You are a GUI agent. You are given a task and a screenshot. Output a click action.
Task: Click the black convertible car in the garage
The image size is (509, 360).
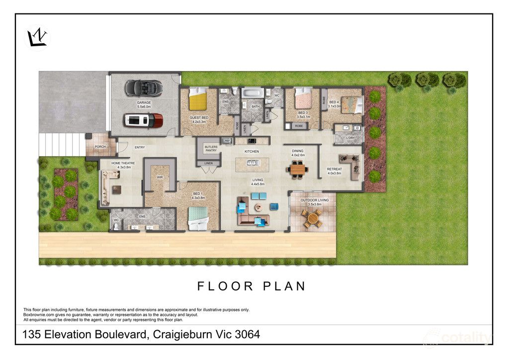click(143, 88)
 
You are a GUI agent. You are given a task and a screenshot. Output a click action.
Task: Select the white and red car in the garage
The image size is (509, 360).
click(143, 120)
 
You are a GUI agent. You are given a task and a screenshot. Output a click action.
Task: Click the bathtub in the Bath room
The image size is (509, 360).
click(253, 93)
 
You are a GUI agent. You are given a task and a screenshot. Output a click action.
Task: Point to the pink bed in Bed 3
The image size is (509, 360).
click(302, 99)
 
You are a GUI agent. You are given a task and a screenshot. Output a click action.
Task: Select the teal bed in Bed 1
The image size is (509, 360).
click(199, 218)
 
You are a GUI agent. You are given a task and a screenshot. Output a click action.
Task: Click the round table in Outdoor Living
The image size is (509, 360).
click(313, 217)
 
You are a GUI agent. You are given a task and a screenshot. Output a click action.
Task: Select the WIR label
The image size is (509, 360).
click(160, 176)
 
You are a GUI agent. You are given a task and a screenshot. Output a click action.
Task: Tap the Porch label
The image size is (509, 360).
click(100, 147)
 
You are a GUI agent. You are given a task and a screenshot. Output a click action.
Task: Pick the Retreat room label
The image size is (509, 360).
click(335, 169)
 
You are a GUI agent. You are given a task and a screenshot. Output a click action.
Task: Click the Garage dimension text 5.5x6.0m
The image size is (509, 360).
click(144, 107)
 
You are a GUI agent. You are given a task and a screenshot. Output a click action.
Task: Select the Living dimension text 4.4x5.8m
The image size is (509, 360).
click(257, 184)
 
